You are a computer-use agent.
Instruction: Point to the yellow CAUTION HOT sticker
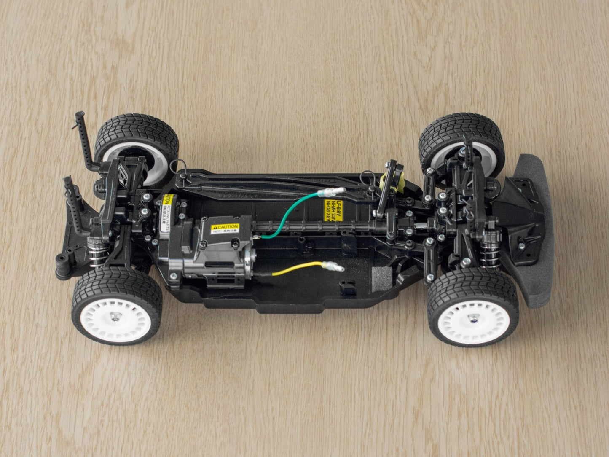tap(225, 228)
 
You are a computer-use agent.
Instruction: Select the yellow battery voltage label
tap(332, 210)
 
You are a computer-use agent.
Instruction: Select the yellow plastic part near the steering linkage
tap(390, 182)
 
